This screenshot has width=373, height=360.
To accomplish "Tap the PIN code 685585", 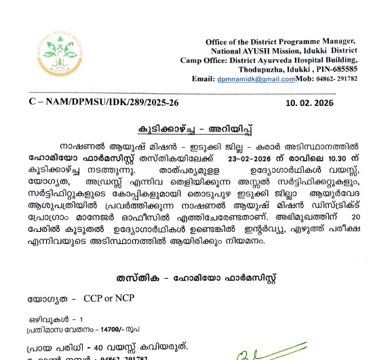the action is click(344, 69).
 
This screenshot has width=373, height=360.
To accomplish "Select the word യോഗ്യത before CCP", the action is click(47, 298).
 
